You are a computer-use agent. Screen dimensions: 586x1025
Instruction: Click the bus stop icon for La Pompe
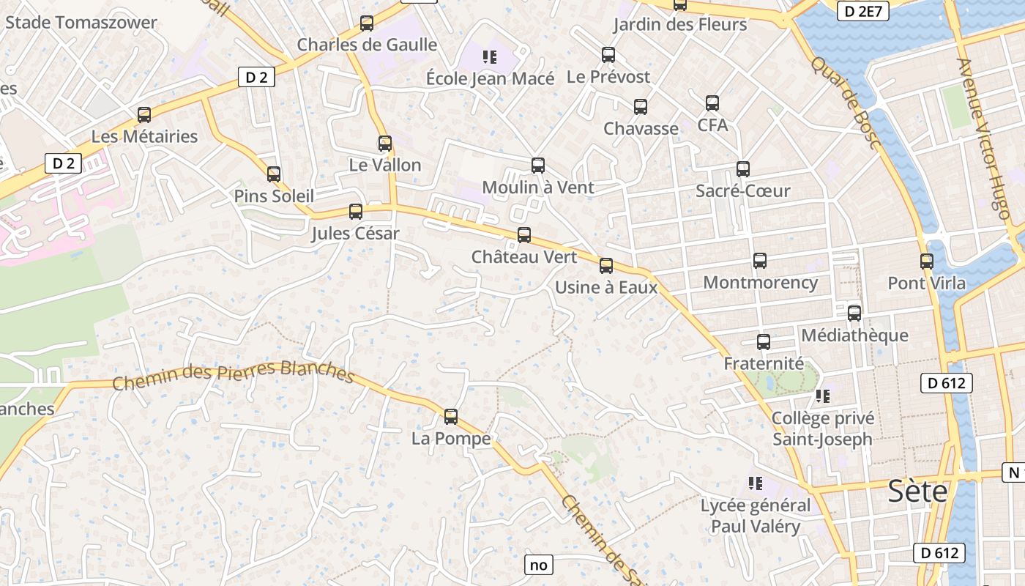(451, 417)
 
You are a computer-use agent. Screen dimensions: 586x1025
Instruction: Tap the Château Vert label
(524, 257)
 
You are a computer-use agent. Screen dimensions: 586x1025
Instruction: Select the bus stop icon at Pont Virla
(927, 261)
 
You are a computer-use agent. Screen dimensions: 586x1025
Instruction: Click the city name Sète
(918, 492)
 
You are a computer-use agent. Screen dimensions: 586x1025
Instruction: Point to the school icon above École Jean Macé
(490, 56)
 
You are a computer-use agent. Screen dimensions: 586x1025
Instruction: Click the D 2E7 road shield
(863, 11)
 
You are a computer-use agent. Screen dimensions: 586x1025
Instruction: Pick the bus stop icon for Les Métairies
(144, 115)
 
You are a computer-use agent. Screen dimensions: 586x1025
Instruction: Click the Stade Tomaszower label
(81, 22)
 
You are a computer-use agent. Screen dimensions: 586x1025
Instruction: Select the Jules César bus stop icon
(356, 212)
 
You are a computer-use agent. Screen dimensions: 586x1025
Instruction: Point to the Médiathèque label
(854, 335)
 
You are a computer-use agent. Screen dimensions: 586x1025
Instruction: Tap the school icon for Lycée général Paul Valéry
(756, 483)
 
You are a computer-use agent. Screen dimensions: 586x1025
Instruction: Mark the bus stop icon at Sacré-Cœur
(743, 169)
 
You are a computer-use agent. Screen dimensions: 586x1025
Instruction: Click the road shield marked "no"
(538, 565)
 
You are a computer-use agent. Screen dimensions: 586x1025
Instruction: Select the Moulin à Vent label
(538, 188)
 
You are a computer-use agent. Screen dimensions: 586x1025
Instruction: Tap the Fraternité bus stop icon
(764, 342)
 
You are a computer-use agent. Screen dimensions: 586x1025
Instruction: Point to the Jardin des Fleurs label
(680, 24)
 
